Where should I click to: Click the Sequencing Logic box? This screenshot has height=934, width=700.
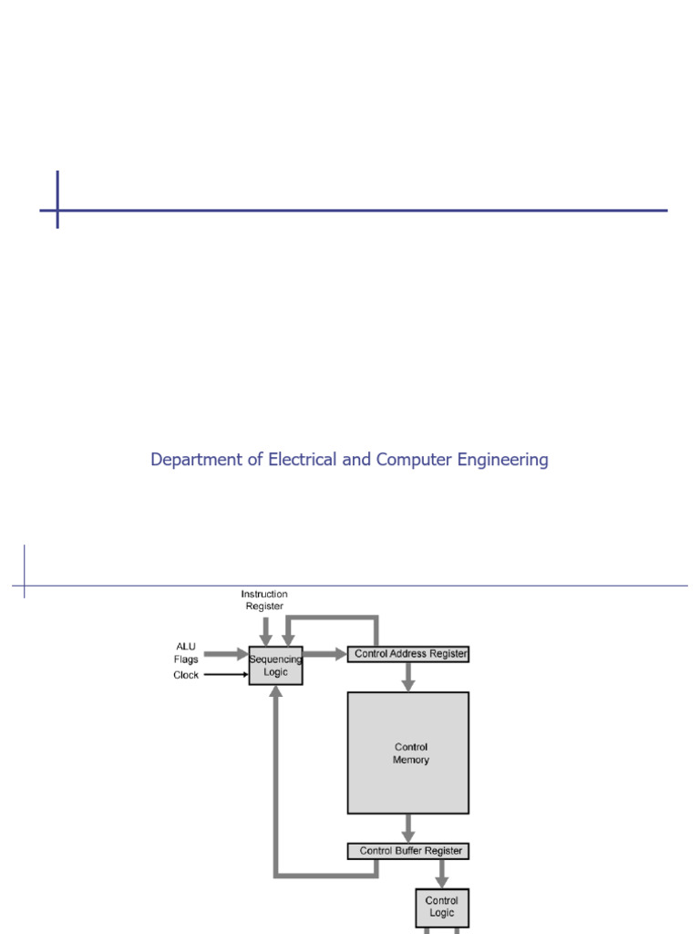(275, 666)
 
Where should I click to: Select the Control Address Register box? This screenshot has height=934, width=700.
(408, 654)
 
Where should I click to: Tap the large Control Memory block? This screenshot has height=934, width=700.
(408, 752)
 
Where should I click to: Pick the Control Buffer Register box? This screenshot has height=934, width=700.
(408, 851)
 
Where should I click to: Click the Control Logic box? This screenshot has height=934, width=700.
(442, 907)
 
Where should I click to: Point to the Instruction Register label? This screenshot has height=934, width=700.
(264, 600)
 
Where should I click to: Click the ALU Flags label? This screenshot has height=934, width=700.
(187, 653)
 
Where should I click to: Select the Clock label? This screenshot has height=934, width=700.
(186, 676)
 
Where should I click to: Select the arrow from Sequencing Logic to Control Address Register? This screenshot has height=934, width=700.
(324, 654)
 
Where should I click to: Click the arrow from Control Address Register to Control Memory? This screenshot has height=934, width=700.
(408, 676)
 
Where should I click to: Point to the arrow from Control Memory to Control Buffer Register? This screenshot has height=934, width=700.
(408, 827)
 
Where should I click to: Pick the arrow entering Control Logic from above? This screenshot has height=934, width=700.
(442, 873)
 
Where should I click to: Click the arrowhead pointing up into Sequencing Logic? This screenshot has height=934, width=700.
(275, 692)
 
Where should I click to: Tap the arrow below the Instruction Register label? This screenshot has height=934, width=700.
(265, 630)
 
